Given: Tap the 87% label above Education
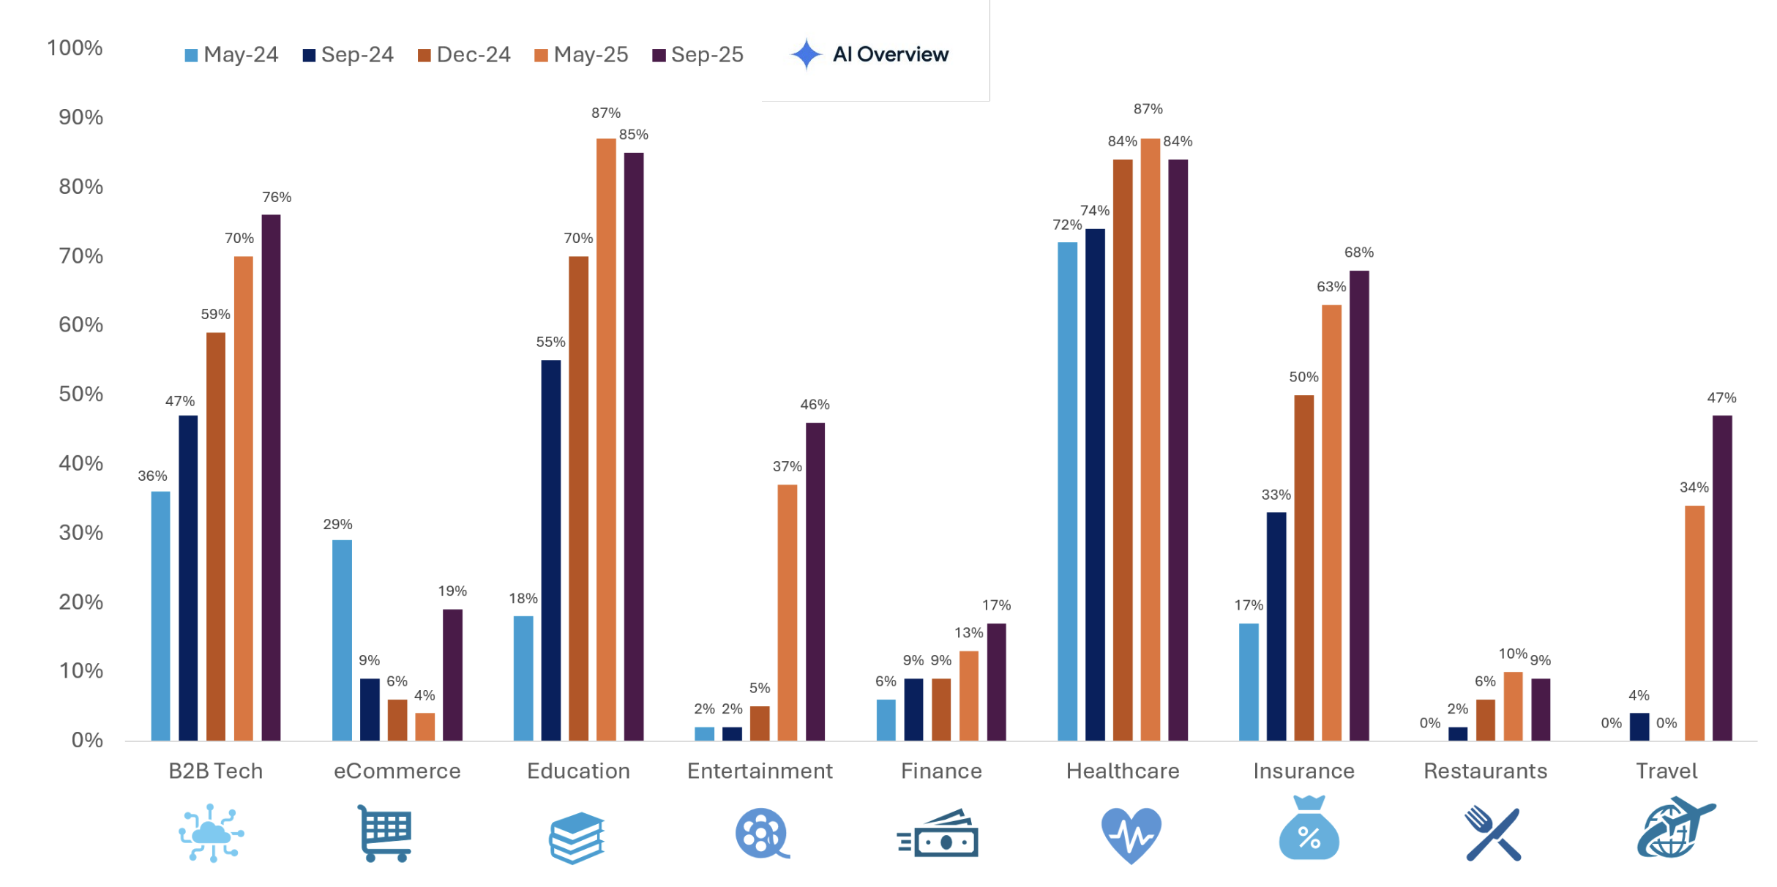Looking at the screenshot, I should [606, 113].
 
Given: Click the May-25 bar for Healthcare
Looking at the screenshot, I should [1150, 439].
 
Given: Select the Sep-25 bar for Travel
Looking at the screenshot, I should [1722, 578].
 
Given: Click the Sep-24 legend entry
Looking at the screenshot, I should [348, 55].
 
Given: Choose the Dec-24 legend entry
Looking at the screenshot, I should [464, 55].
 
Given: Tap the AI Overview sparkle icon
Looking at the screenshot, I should [807, 54].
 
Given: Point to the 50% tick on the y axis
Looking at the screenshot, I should [81, 394].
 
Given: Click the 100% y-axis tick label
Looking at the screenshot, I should [75, 48].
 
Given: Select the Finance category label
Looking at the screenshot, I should [941, 771].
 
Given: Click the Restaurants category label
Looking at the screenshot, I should [1485, 771].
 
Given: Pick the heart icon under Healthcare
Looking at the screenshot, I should [1131, 834].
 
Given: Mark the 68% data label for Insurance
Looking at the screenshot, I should [1358, 252].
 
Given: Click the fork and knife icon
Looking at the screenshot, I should [1493, 834].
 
